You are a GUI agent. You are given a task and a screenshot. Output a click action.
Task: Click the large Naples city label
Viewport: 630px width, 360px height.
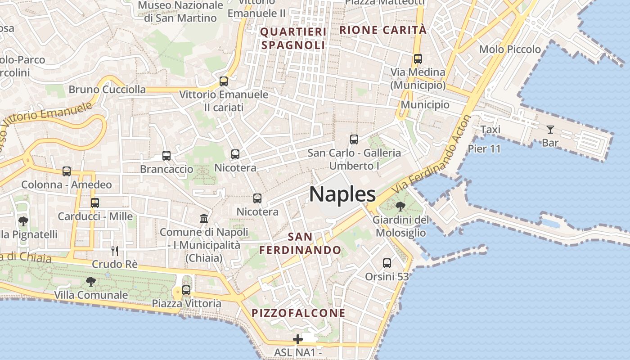pos(342,194)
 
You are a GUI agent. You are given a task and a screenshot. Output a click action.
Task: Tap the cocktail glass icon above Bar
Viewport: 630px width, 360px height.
pos(550,130)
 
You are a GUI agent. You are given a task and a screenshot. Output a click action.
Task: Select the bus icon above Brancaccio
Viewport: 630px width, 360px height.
pos(166,156)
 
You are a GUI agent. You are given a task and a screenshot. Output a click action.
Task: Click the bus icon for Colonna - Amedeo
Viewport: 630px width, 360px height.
pos(67,171)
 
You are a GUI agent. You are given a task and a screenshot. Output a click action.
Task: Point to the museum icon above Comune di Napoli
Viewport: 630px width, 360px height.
pos(204,219)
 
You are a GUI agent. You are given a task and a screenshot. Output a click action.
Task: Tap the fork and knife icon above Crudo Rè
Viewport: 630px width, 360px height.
pos(115,251)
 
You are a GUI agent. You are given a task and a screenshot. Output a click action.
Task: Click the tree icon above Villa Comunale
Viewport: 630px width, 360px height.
pos(91,282)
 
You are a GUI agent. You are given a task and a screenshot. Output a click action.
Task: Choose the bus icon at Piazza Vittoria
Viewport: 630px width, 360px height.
pos(186,290)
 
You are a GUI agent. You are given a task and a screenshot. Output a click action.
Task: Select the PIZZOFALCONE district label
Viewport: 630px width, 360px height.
pos(298,313)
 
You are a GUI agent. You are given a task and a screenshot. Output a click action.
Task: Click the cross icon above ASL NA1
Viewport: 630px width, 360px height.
pos(298,339)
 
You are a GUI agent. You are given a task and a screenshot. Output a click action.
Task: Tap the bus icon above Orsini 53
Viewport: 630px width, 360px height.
pos(387,263)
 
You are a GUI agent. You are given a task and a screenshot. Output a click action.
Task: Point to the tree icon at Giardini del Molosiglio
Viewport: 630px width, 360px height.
pos(400,207)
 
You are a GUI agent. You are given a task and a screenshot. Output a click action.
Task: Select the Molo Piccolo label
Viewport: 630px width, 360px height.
pos(510,49)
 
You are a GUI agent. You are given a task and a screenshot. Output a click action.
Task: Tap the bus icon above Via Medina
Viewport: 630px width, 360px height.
pos(418,59)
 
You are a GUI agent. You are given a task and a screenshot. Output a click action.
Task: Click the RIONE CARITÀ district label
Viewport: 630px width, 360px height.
pos(382,30)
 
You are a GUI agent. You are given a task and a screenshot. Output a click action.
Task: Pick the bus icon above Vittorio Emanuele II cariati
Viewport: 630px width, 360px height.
pos(224,81)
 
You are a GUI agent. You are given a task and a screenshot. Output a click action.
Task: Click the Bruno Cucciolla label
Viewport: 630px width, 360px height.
pos(107,89)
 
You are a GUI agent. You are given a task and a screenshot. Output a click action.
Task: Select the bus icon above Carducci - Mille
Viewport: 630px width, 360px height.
pos(94,203)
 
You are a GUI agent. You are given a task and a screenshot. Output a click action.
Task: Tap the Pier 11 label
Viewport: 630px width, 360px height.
pos(484,148)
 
